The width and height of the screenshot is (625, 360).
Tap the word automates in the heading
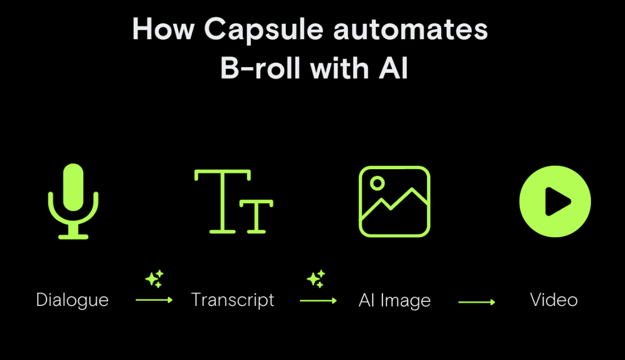(x=410, y=30)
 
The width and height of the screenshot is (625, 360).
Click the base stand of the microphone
(x=73, y=235)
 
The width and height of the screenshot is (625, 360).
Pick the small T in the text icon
(x=256, y=216)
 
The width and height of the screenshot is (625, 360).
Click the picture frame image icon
(x=394, y=201)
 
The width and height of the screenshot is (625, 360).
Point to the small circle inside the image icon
(x=377, y=183)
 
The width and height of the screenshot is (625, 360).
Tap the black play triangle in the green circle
(x=557, y=202)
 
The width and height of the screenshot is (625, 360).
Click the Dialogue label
(x=72, y=300)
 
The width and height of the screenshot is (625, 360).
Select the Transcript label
(x=233, y=300)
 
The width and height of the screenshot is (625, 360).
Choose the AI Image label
(x=394, y=301)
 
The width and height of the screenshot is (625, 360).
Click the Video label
(x=554, y=300)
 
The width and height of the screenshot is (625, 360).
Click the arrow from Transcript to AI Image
(x=318, y=301)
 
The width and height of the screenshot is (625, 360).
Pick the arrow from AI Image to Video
(x=476, y=302)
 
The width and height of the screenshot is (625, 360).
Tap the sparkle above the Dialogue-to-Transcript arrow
(x=154, y=279)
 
